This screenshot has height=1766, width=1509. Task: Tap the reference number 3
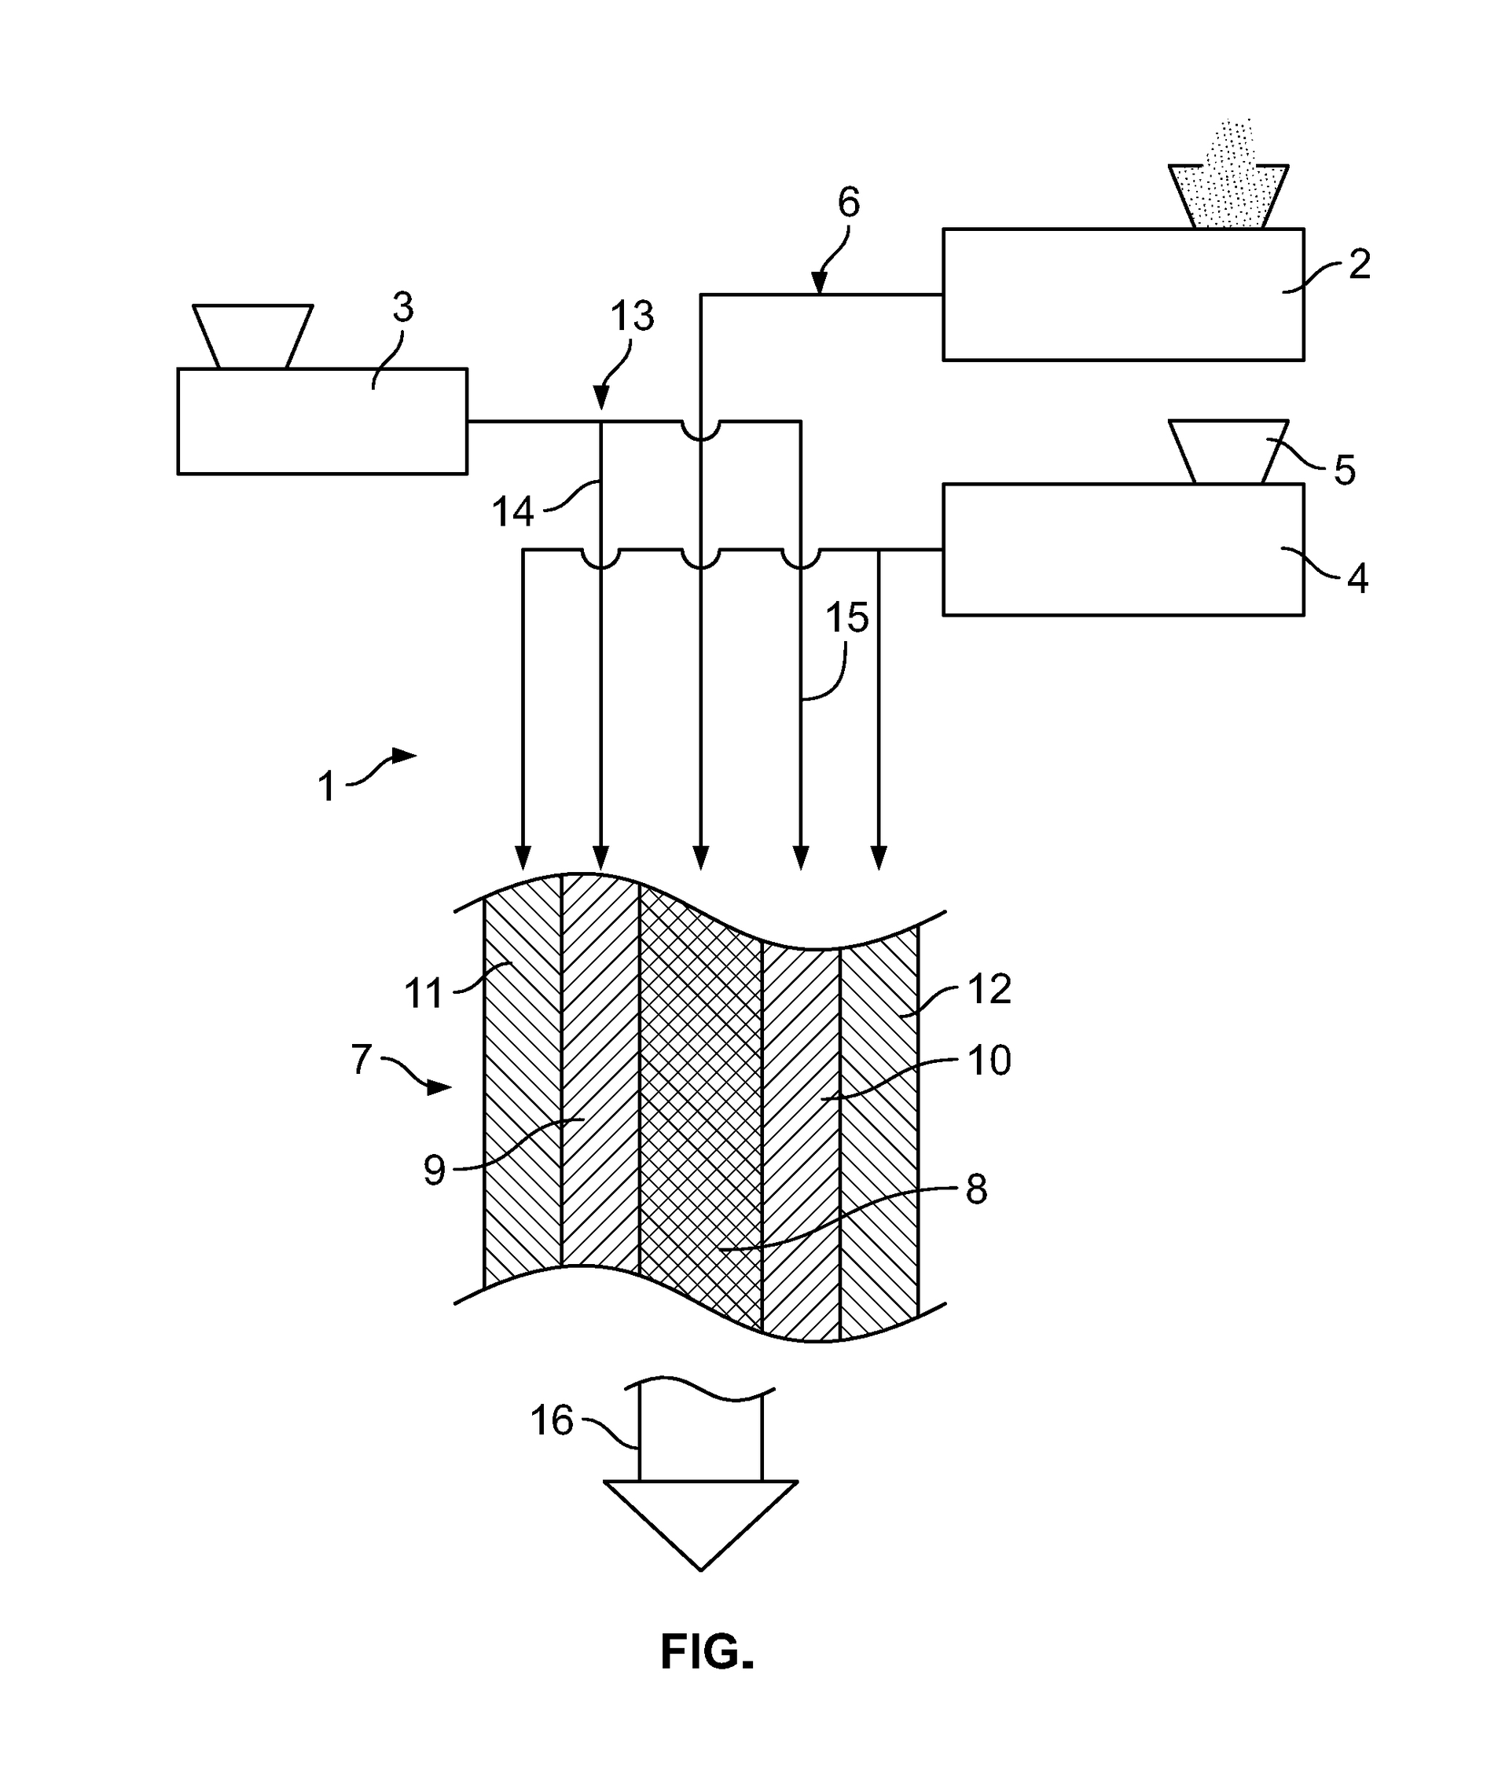402,308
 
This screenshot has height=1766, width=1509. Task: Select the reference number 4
1357,579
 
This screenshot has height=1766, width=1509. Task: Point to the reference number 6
848,203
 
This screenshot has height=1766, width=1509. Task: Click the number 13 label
632,317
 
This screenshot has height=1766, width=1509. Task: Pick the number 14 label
512,512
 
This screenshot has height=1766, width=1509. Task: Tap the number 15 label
846,618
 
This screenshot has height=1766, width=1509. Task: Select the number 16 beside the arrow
552,1421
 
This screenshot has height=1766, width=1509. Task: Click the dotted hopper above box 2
1228,197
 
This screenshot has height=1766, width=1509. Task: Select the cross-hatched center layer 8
699,1108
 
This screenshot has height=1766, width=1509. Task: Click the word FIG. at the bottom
707,1652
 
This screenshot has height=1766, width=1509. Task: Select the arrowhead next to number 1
404,755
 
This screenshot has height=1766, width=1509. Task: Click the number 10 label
989,1061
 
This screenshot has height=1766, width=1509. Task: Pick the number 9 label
434,1171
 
